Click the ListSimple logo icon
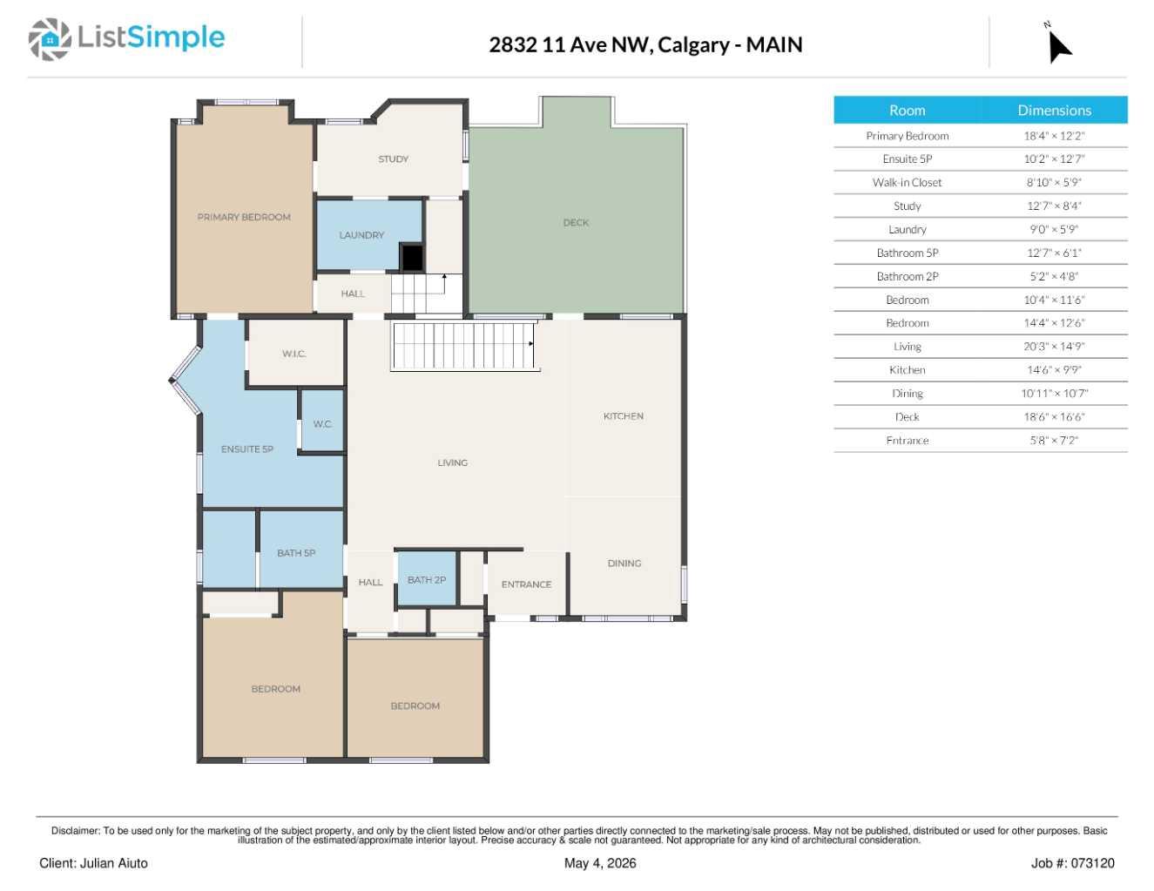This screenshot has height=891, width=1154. click(50, 39)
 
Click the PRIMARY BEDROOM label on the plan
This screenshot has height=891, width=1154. click(244, 217)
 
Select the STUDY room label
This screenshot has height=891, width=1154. click(393, 159)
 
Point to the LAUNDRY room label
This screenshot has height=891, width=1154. click(361, 235)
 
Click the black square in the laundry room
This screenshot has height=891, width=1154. click(412, 258)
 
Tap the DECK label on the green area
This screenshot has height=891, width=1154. click(576, 222)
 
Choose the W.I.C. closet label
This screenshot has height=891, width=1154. click(294, 354)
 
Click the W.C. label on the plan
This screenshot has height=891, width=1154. click(322, 424)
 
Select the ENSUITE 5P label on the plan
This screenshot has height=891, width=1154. click(247, 449)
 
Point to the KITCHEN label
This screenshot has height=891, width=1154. click(624, 416)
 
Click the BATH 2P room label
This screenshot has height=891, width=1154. click(427, 580)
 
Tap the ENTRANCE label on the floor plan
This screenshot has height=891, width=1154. click(526, 584)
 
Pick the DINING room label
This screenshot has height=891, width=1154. click(624, 564)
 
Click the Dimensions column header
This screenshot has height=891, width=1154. click(1054, 111)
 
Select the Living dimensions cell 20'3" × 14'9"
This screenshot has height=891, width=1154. click(1054, 347)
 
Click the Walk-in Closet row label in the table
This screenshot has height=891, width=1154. click(907, 183)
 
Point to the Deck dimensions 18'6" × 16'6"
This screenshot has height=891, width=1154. click(1054, 417)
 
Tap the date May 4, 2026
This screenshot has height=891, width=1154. click(600, 864)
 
